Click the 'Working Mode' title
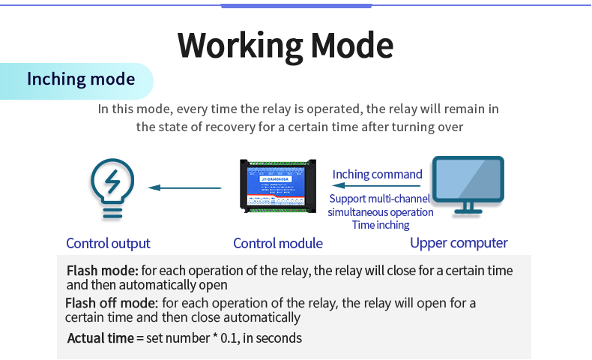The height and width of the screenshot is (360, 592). pyautogui.click(x=286, y=46)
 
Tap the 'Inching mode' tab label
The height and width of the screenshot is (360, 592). pyautogui.click(x=81, y=79)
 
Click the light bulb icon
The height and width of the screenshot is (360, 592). pyautogui.click(x=112, y=187)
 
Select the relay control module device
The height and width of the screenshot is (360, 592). pyautogui.click(x=277, y=185)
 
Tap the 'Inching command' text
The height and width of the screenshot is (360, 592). pyautogui.click(x=377, y=174)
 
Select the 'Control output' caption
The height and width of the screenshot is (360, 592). pyautogui.click(x=108, y=243)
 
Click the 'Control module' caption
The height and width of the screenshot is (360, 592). pyautogui.click(x=277, y=243)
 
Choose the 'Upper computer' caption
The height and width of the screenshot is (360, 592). pyautogui.click(x=459, y=243)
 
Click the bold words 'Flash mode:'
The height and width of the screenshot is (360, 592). pyautogui.click(x=102, y=271)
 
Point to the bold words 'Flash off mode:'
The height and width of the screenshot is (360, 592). pyautogui.click(x=112, y=303)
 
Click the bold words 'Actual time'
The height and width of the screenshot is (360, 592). pyautogui.click(x=100, y=337)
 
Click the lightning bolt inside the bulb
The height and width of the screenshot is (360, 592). pyautogui.click(x=112, y=181)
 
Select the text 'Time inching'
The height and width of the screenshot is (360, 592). pyautogui.click(x=380, y=225)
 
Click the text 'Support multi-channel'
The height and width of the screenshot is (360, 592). pyautogui.click(x=380, y=199)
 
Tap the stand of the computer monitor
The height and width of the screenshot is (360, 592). pyautogui.click(x=469, y=208)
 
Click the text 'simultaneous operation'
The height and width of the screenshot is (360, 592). pyautogui.click(x=380, y=212)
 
